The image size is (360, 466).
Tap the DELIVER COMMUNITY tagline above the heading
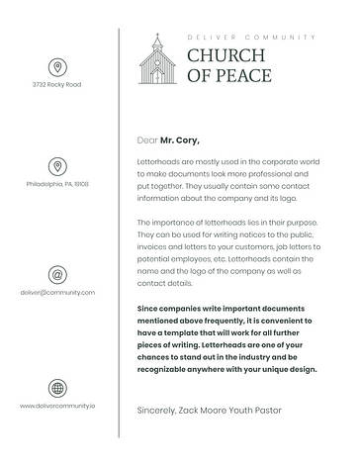click(x=251, y=37)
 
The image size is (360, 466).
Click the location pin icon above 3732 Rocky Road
click(x=57, y=67)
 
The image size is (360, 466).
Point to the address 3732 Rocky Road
click(x=57, y=85)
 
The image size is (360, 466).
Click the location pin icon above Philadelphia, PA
click(x=57, y=166)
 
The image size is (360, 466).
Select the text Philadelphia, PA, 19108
click(x=57, y=184)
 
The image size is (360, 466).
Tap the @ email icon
click(x=57, y=275)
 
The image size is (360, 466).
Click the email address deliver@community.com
click(x=57, y=293)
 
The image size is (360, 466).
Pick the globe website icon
click(x=57, y=388)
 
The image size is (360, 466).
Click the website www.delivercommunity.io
click(x=57, y=406)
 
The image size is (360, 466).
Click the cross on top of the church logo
click(x=155, y=38)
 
